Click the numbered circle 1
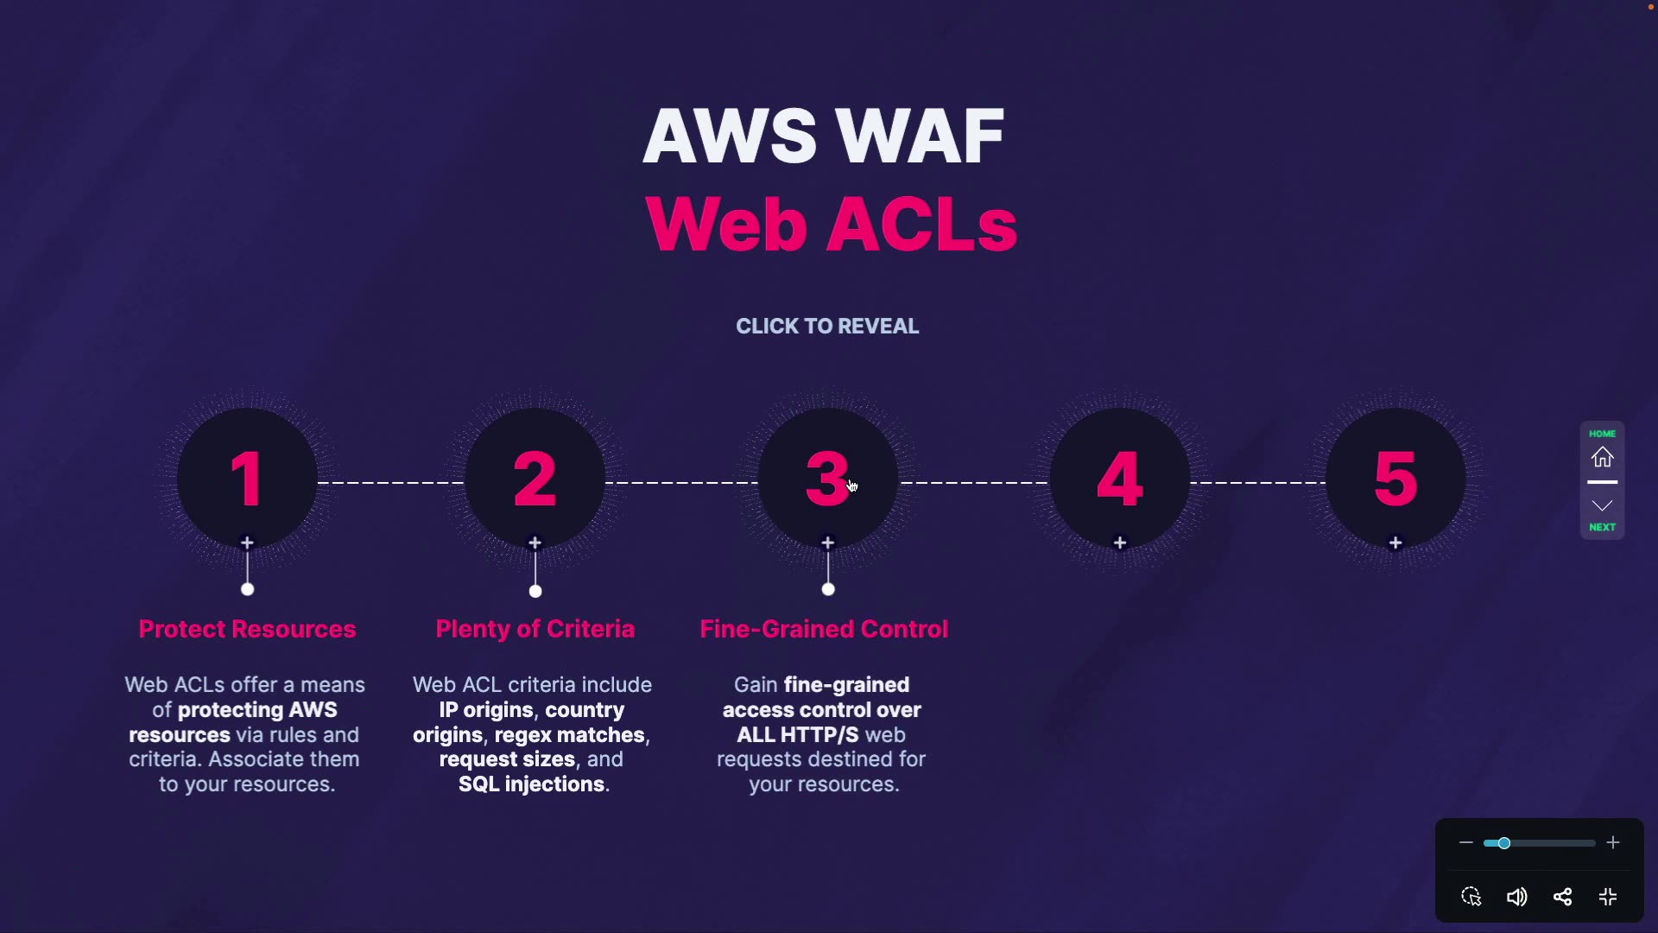tap(247, 479)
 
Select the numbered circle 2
tap(535, 479)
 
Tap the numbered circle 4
tap(1120, 479)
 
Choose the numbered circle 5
tap(1395, 479)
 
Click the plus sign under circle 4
tap(1120, 543)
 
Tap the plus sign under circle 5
tap(1395, 543)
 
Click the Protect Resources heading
tap(247, 629)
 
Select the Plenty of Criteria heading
tap(535, 629)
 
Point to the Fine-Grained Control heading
tap(824, 629)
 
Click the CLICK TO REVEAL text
tap(827, 327)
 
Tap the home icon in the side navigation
tap(1603, 457)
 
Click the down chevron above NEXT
tap(1603, 505)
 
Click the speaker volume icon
tap(1516, 897)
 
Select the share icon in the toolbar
tap(1562, 897)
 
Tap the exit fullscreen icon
tap(1608, 897)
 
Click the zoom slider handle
tap(1503, 843)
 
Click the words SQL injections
tap(532, 784)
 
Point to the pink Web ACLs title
tap(831, 225)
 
